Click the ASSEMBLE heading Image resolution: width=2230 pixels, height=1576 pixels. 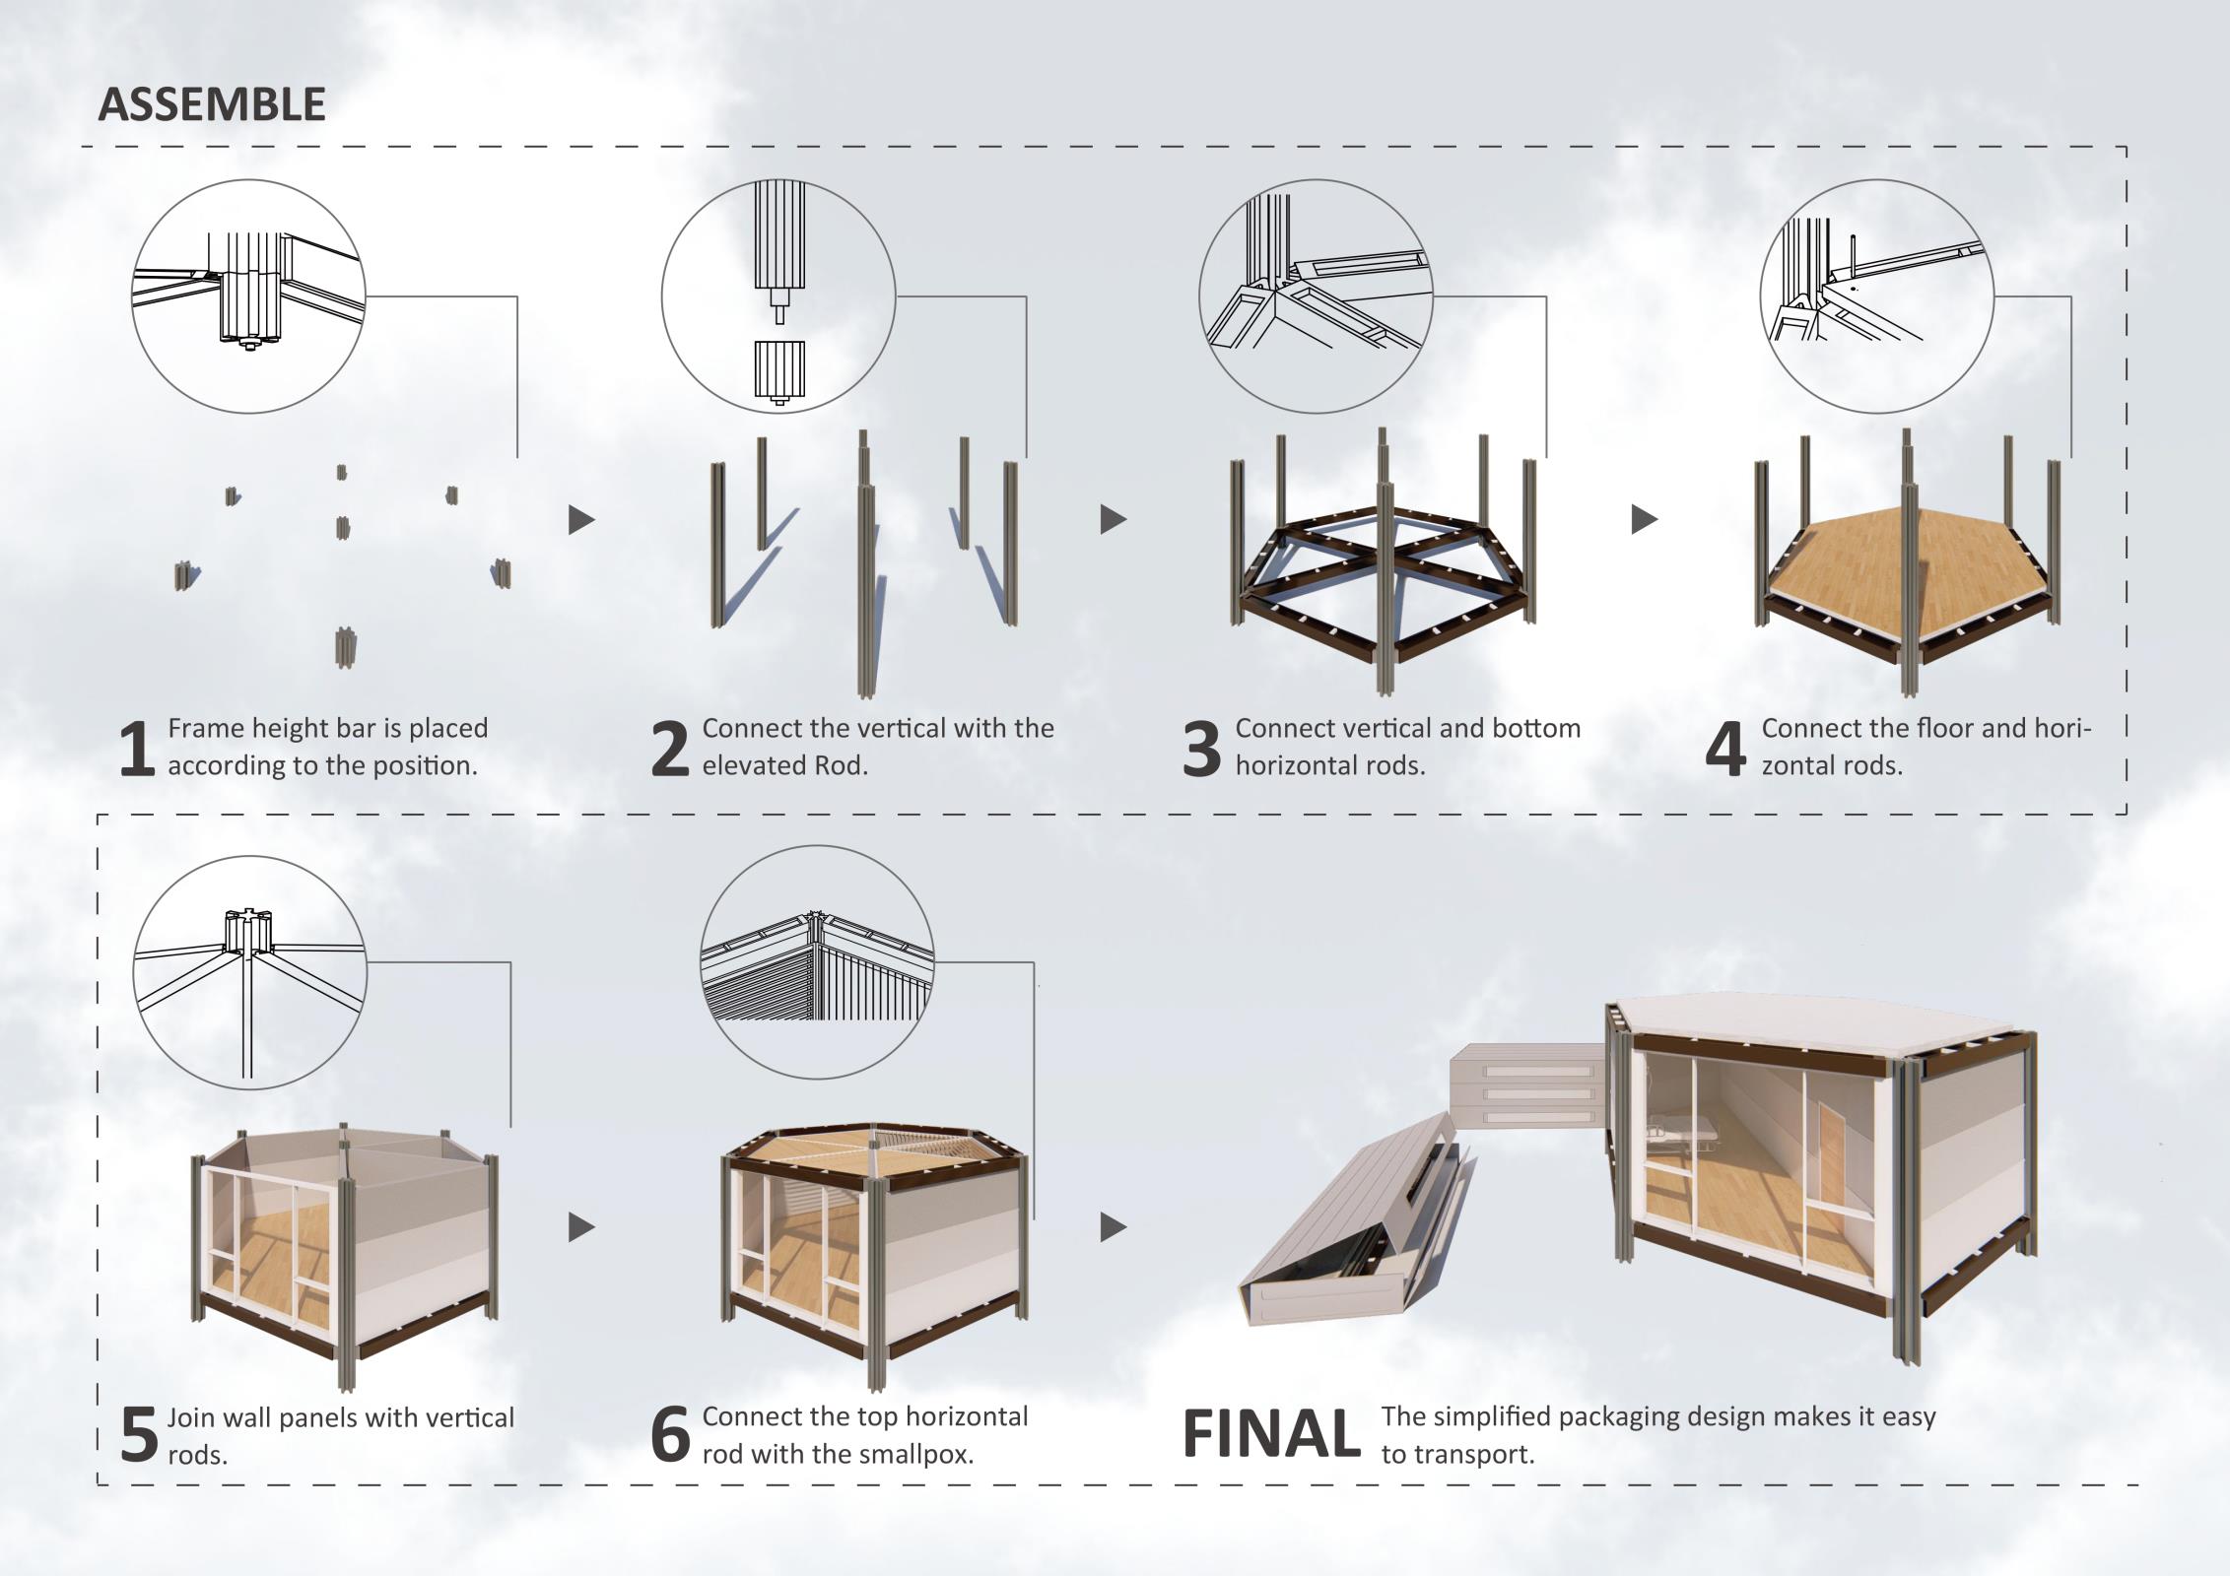coord(211,104)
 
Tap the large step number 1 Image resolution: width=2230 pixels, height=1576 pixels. coord(136,749)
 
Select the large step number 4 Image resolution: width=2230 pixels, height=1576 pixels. coord(1724,749)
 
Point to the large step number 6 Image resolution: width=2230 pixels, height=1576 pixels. coord(670,1436)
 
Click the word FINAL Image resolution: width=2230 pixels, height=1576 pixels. coord(1270,1434)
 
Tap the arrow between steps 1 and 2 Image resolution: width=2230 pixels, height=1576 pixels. coord(581,520)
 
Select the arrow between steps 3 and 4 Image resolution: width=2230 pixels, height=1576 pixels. coord(1644,519)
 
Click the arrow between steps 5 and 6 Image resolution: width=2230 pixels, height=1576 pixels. coord(581,1227)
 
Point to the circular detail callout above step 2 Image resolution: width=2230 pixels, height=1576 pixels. coord(778,295)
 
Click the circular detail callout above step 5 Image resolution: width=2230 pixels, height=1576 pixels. coord(249,973)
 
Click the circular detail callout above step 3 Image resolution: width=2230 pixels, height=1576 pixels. coord(1316,295)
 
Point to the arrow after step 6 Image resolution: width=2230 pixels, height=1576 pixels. coord(1113,1227)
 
